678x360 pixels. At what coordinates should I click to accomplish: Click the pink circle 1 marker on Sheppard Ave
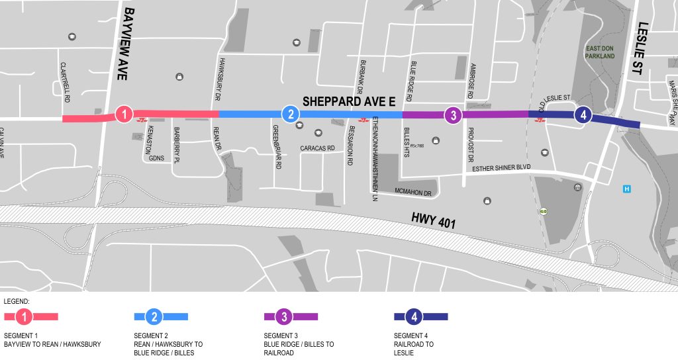tap(124, 114)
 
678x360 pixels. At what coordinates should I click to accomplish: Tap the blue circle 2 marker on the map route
tap(290, 114)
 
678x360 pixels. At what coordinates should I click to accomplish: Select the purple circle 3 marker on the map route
tap(452, 115)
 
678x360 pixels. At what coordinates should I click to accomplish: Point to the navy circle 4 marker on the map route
tap(583, 115)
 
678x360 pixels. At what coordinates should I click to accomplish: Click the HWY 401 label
tap(434, 220)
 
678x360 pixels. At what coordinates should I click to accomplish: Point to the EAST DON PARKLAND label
tap(599, 52)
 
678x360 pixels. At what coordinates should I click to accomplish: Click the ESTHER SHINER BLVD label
tap(502, 169)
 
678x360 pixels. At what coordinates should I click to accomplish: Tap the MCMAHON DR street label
tap(412, 194)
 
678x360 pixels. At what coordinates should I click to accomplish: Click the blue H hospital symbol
tap(626, 189)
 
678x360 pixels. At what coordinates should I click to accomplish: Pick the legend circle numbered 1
tap(24, 317)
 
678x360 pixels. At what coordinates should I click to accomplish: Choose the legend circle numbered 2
tap(154, 317)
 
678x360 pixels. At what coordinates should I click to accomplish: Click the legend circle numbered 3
tap(284, 317)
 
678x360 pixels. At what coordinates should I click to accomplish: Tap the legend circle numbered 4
tap(414, 317)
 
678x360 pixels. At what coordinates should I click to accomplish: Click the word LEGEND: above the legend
tap(16, 300)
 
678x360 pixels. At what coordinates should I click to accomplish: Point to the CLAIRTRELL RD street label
tap(65, 83)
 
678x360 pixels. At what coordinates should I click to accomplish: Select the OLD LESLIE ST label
tap(555, 98)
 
